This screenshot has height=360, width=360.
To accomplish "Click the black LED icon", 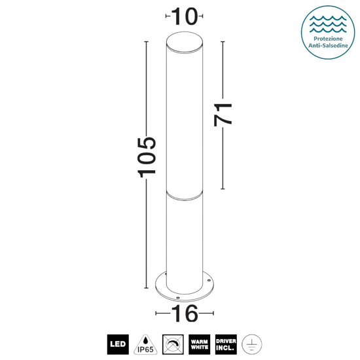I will [x=118, y=342].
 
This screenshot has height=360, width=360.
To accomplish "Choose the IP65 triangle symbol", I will [x=145, y=342].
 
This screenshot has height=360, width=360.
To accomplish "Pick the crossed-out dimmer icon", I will [x=172, y=342].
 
